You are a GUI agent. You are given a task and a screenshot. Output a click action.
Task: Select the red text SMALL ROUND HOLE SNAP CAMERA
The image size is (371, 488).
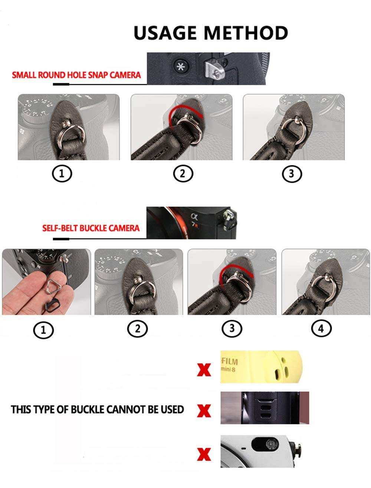[76, 75]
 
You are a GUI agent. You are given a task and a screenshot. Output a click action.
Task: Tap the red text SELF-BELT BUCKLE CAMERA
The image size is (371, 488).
[91, 228]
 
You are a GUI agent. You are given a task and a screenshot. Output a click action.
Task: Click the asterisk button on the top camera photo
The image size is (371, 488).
[181, 67]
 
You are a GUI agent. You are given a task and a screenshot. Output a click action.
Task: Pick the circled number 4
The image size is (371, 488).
[321, 329]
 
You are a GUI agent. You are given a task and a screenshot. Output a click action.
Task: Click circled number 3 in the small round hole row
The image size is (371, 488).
[291, 174]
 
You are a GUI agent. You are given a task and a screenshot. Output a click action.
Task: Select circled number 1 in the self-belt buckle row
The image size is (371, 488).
[43, 330]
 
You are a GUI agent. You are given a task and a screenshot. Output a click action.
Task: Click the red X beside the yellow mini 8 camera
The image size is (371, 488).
[204, 370]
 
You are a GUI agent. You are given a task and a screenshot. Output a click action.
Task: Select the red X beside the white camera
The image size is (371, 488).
[204, 454]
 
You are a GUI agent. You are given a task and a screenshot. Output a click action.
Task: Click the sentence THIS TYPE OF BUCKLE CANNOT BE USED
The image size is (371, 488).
[97, 409]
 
